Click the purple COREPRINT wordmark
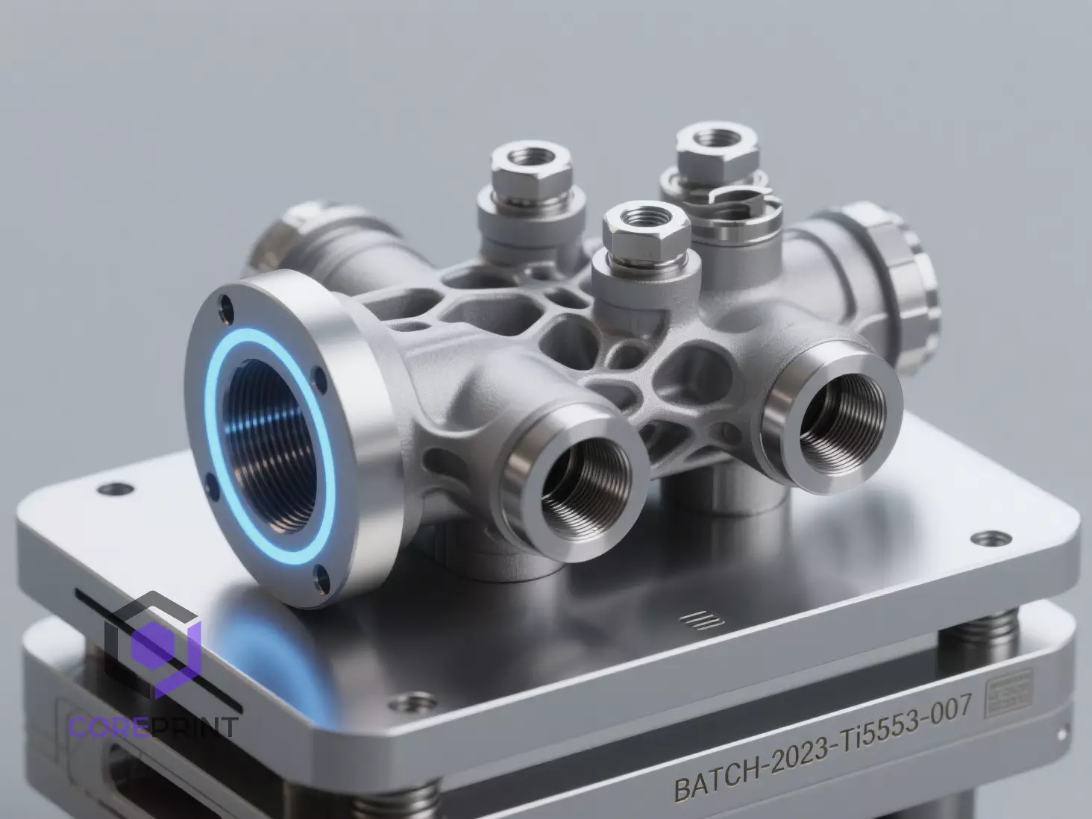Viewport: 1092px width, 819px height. tap(153, 726)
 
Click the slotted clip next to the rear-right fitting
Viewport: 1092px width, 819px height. tap(742, 201)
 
